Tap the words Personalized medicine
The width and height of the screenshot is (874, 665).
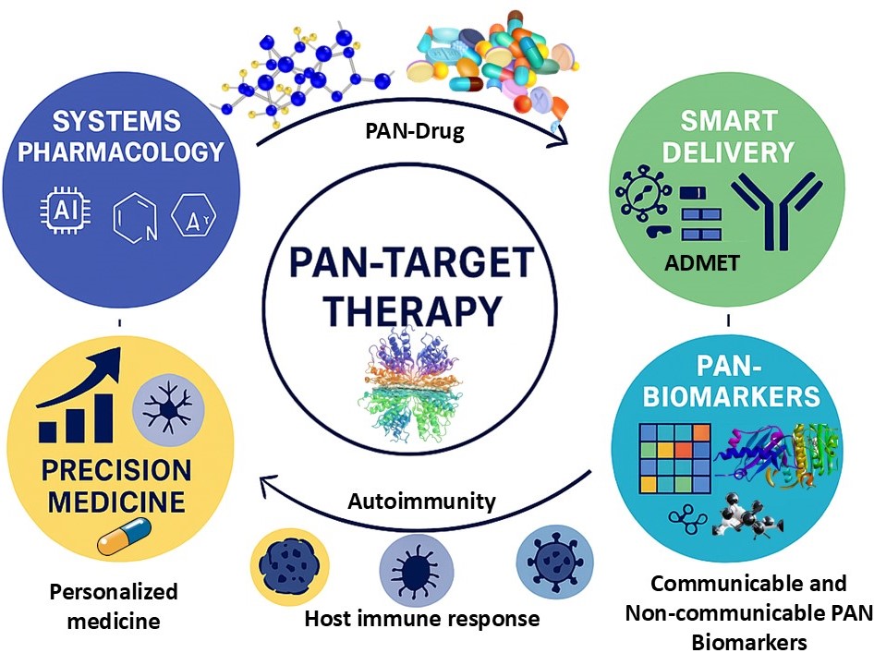pos(114,605)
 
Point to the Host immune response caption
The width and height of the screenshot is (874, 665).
pos(422,618)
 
